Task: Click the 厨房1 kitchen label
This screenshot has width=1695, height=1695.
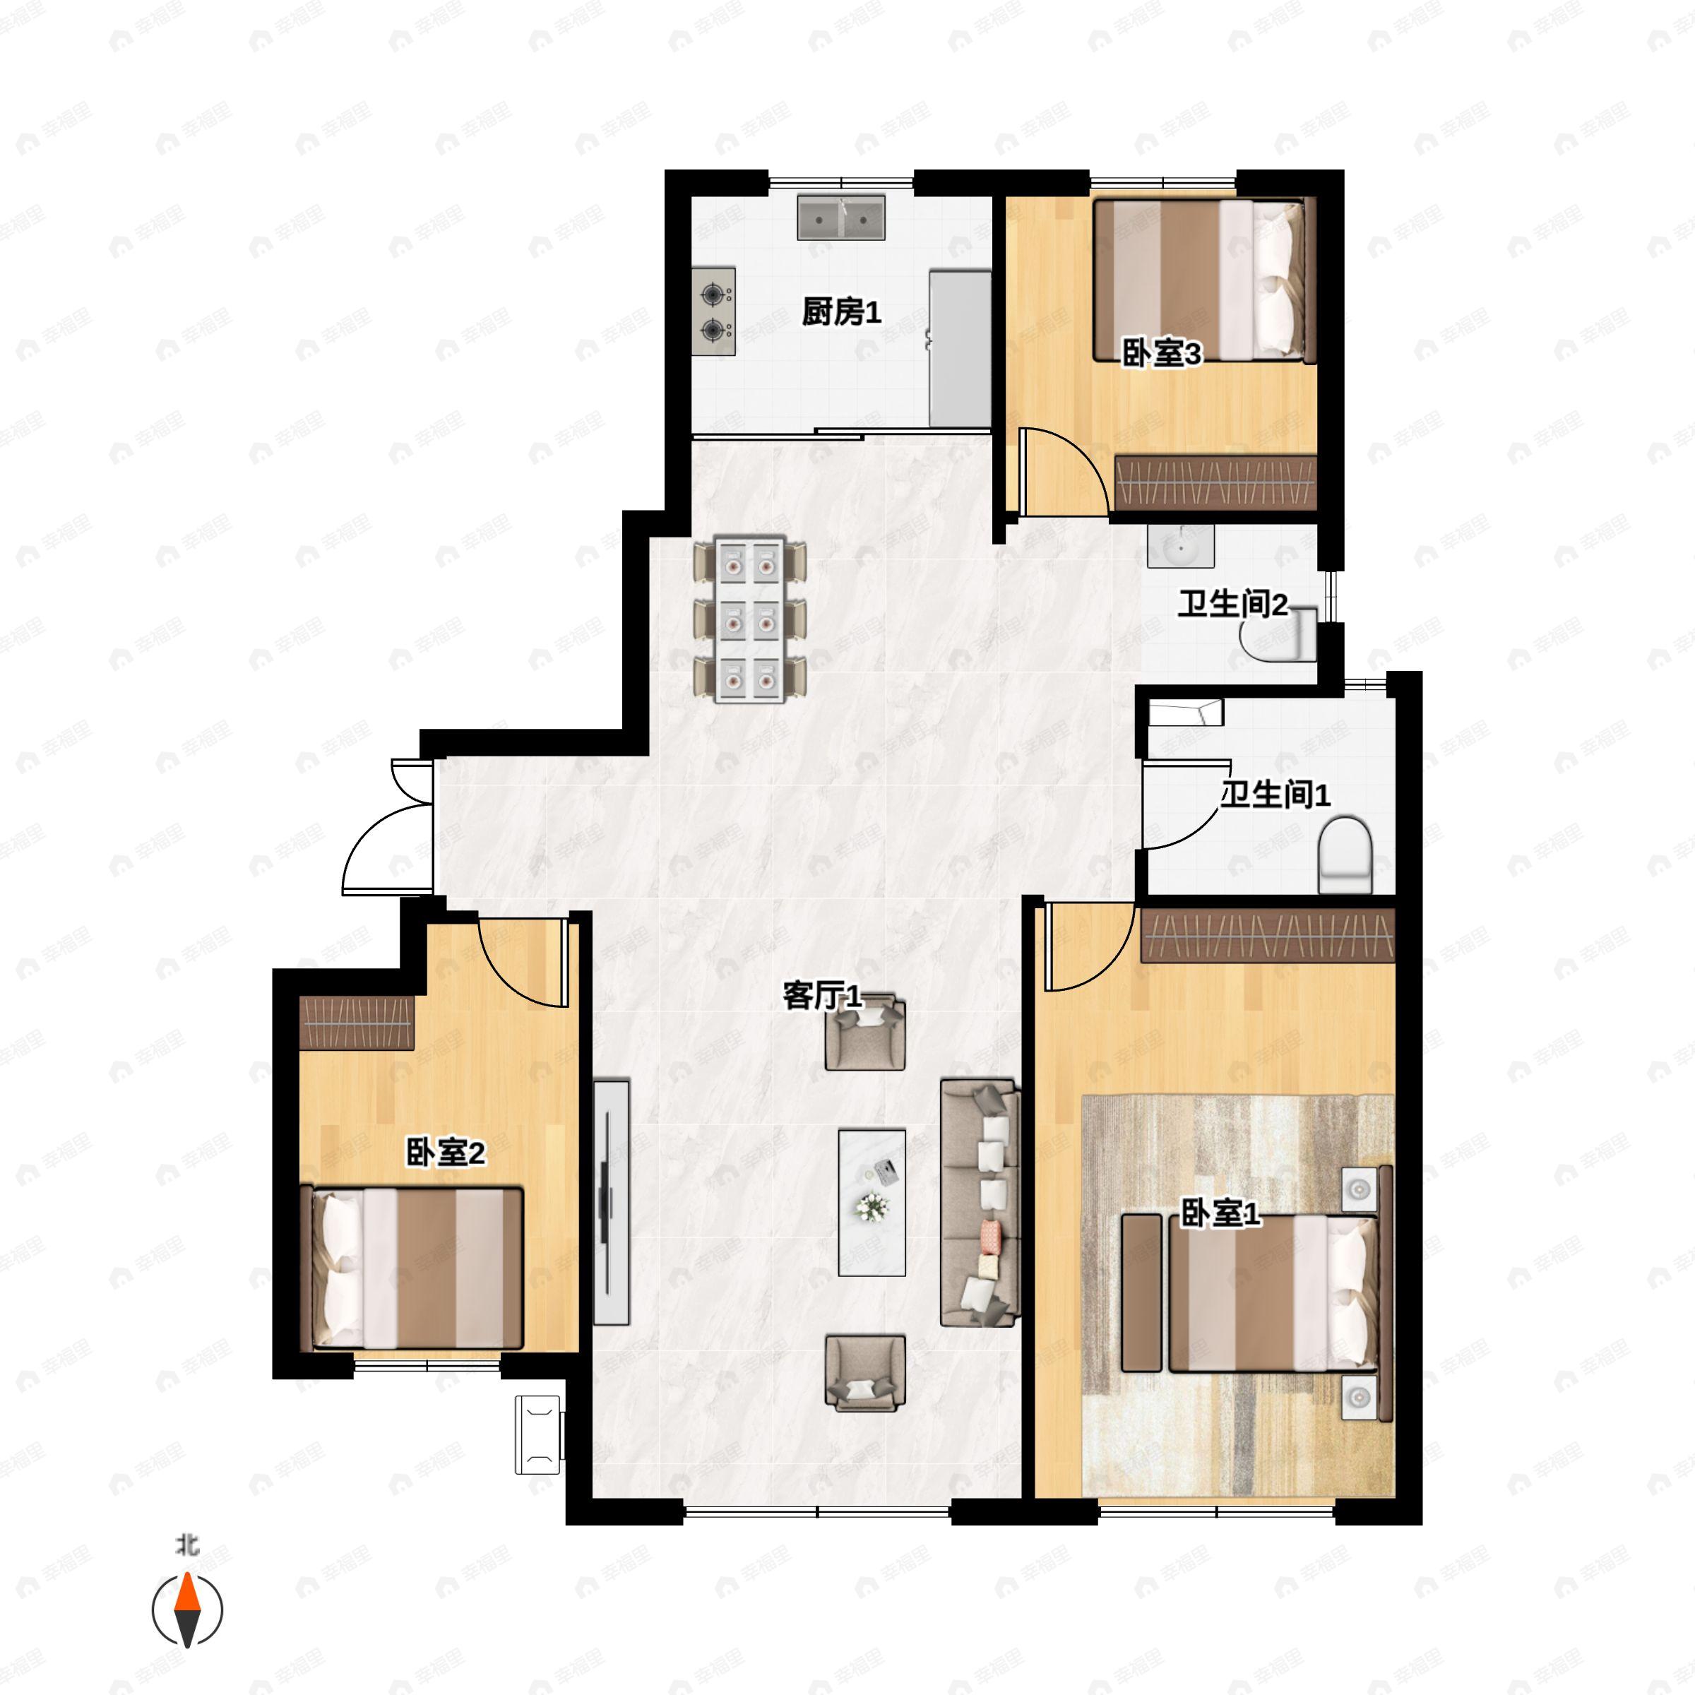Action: tap(841, 312)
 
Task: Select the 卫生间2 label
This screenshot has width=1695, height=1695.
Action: tap(1232, 605)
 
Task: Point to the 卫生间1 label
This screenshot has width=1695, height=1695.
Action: tap(1275, 795)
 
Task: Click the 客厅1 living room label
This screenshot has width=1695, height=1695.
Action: tap(822, 997)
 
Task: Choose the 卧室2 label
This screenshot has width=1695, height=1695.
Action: tap(445, 1153)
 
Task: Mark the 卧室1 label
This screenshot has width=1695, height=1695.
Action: tap(1220, 1214)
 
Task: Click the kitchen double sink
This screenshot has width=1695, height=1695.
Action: tap(840, 218)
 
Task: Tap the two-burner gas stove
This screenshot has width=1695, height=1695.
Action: tap(713, 311)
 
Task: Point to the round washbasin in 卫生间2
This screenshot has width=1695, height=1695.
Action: tap(1180, 547)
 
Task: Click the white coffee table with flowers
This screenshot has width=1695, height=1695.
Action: tap(872, 1203)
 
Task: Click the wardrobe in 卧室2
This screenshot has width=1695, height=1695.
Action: tap(356, 1022)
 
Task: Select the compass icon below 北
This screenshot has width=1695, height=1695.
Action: tap(187, 1610)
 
